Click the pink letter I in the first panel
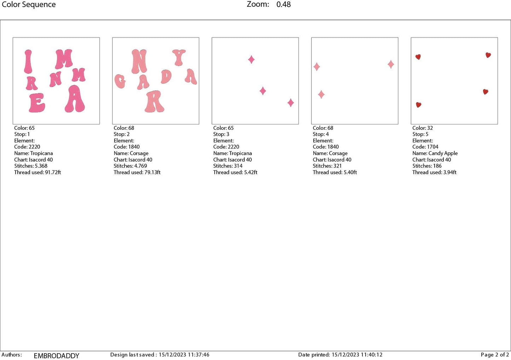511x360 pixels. pos(28,62)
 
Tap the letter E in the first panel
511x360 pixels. pos(37,103)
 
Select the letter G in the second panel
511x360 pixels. pos(120,81)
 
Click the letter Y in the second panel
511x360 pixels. pos(179,57)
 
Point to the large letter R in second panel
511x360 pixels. pos(155,101)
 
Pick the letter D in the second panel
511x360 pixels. pos(166,77)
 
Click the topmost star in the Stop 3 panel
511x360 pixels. pos(251,59)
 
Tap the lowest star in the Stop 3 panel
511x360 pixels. pos(291,103)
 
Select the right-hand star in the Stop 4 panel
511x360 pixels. pos(391,64)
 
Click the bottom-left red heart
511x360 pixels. pos(419,105)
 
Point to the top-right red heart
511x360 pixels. pos(488,55)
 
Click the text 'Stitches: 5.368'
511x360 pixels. pos(31,166)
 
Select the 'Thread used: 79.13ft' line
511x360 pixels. pos(137,172)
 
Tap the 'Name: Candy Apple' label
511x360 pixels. pos(435,153)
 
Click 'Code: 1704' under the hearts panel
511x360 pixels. pos(425,147)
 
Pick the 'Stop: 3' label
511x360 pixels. pos(221,134)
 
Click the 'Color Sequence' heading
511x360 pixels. pos(29,5)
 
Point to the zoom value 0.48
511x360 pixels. pos(284,5)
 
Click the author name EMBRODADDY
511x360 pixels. pos(57,356)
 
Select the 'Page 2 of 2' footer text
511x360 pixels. pos(495,355)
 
